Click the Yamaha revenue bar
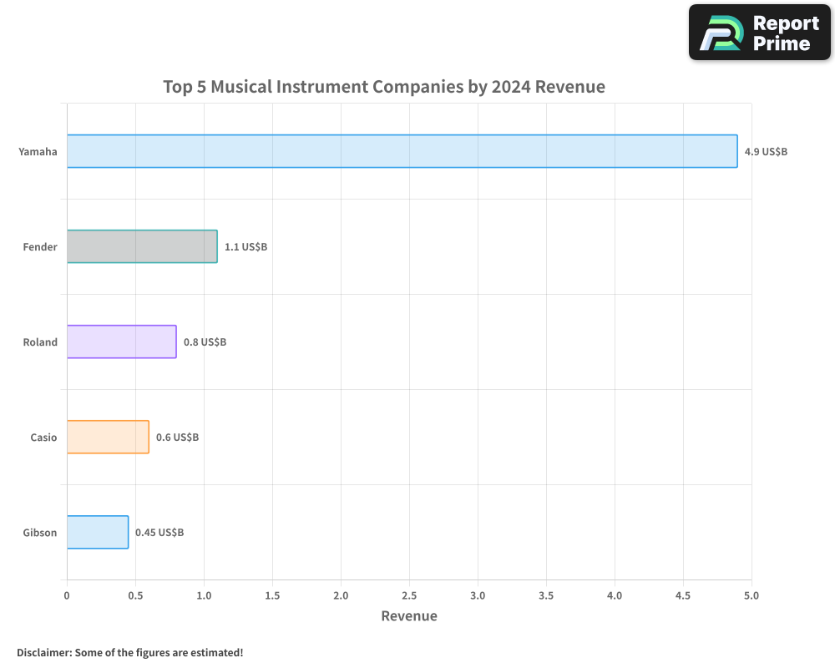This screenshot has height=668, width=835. click(x=402, y=151)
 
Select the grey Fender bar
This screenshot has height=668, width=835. click(x=142, y=246)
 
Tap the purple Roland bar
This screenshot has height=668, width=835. click(x=121, y=342)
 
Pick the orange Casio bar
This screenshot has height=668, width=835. click(x=108, y=437)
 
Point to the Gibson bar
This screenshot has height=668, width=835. click(x=98, y=532)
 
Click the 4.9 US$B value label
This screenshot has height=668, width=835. click(x=766, y=152)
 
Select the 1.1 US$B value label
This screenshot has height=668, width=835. click(x=245, y=247)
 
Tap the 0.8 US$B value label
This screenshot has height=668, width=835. click(x=205, y=342)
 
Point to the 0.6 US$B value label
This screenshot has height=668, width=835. click(x=177, y=438)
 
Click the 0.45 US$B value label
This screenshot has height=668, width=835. click(x=159, y=533)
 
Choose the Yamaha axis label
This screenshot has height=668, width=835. click(x=38, y=152)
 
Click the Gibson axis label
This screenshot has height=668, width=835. click(x=40, y=533)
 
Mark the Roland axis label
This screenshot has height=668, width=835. click(x=40, y=342)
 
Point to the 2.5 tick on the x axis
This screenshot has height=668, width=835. click(x=409, y=595)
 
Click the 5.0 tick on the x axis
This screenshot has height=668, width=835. click(x=751, y=595)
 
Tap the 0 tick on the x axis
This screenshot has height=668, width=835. click(x=67, y=595)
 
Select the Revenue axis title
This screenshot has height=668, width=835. click(x=409, y=616)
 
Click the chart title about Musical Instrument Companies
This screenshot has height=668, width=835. click(x=384, y=87)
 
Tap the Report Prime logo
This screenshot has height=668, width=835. click(x=760, y=33)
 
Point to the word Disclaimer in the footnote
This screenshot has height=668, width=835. click(x=43, y=652)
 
